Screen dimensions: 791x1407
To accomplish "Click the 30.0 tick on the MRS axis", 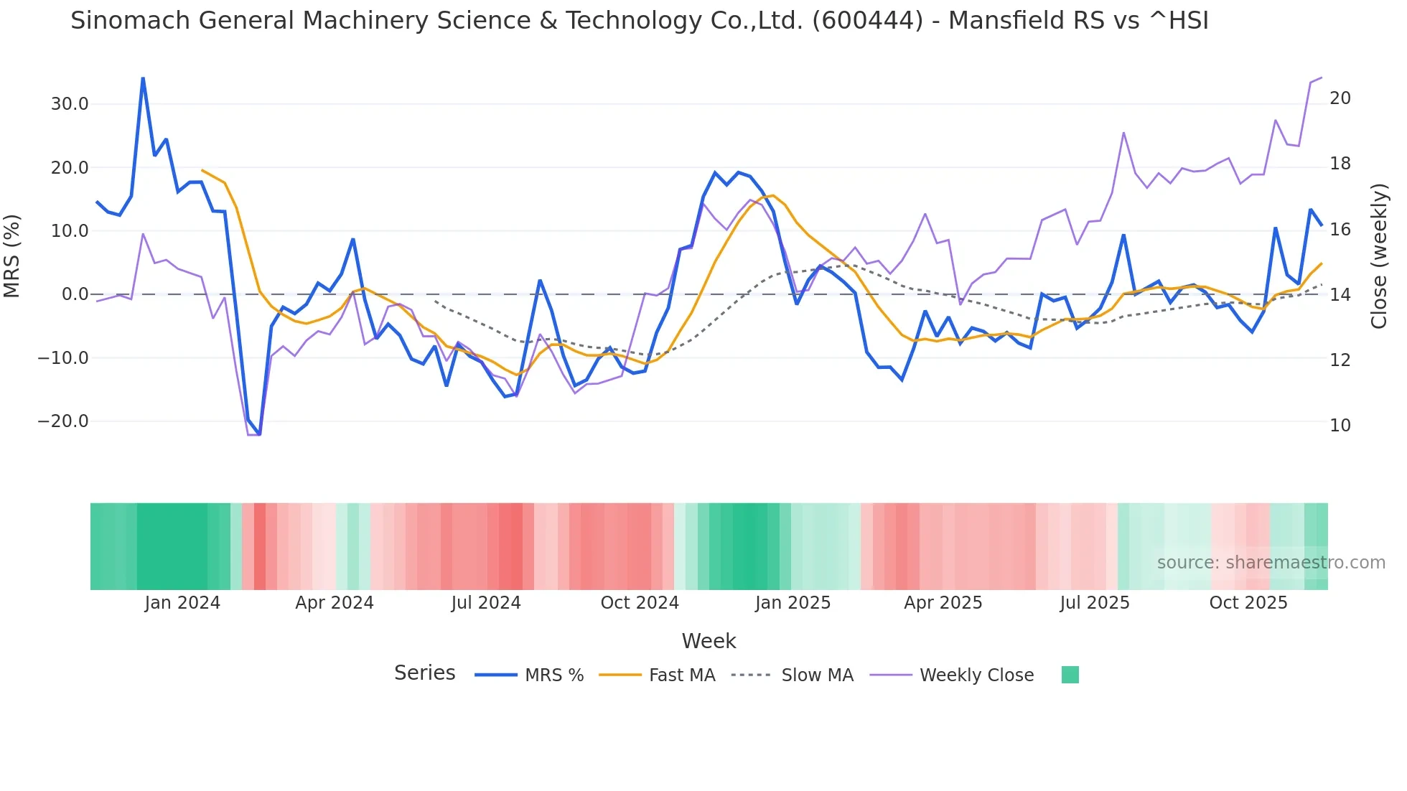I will click(x=69, y=104).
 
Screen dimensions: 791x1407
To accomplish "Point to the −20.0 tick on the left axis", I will click(x=63, y=421).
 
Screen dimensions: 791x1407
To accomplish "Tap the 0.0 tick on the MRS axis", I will click(x=75, y=294).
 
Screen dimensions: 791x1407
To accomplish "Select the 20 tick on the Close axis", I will click(x=1340, y=98).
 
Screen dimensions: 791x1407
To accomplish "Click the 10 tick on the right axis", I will click(x=1340, y=426).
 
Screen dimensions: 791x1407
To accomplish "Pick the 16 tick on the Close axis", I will click(x=1340, y=230).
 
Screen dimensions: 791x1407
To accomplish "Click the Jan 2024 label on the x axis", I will click(x=182, y=603).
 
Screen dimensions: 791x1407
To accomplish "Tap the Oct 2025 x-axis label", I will click(x=1248, y=603).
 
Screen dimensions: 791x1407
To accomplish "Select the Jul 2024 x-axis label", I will click(x=486, y=603).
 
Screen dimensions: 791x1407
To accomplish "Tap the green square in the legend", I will click(x=1070, y=675).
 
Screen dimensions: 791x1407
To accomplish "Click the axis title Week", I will click(x=709, y=641).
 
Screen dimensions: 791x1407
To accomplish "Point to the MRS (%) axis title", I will click(x=12, y=256).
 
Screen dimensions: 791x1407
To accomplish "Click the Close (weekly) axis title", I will click(x=1378, y=256).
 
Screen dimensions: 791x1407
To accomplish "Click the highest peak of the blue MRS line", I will click(x=143, y=78).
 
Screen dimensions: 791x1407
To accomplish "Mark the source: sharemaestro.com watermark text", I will click(x=1271, y=563).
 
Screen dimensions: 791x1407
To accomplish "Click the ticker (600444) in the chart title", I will click(x=867, y=21).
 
